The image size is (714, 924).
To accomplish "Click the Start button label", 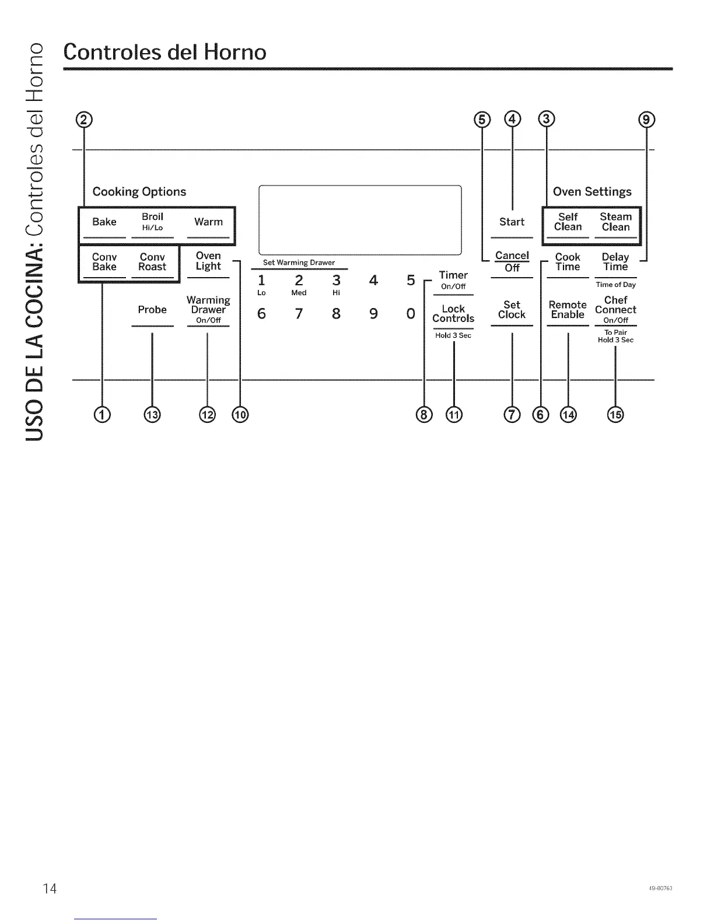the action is [512, 222].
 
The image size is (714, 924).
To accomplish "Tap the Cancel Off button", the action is [512, 261].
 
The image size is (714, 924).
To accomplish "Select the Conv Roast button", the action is [152, 262].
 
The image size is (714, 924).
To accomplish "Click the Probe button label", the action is [152, 310].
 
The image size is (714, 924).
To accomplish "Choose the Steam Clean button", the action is [615, 222].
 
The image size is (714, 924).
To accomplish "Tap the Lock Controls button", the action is [453, 314].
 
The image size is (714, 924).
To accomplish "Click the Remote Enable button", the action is [568, 310].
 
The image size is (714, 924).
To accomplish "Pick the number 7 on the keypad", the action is [299, 314].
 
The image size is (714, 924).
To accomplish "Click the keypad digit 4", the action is [373, 281].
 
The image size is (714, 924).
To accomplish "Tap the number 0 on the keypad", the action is [411, 314].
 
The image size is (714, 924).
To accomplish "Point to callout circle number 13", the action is [152, 415].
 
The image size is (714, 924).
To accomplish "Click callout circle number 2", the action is [85, 120].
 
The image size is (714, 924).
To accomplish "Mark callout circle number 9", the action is [647, 120].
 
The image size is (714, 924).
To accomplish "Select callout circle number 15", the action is [615, 415].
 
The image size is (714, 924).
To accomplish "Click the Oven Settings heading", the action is [592, 192].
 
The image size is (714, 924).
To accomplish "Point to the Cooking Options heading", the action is [139, 192].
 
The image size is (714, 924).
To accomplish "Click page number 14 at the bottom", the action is [50, 889].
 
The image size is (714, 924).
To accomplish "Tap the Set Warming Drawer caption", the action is [299, 262].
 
